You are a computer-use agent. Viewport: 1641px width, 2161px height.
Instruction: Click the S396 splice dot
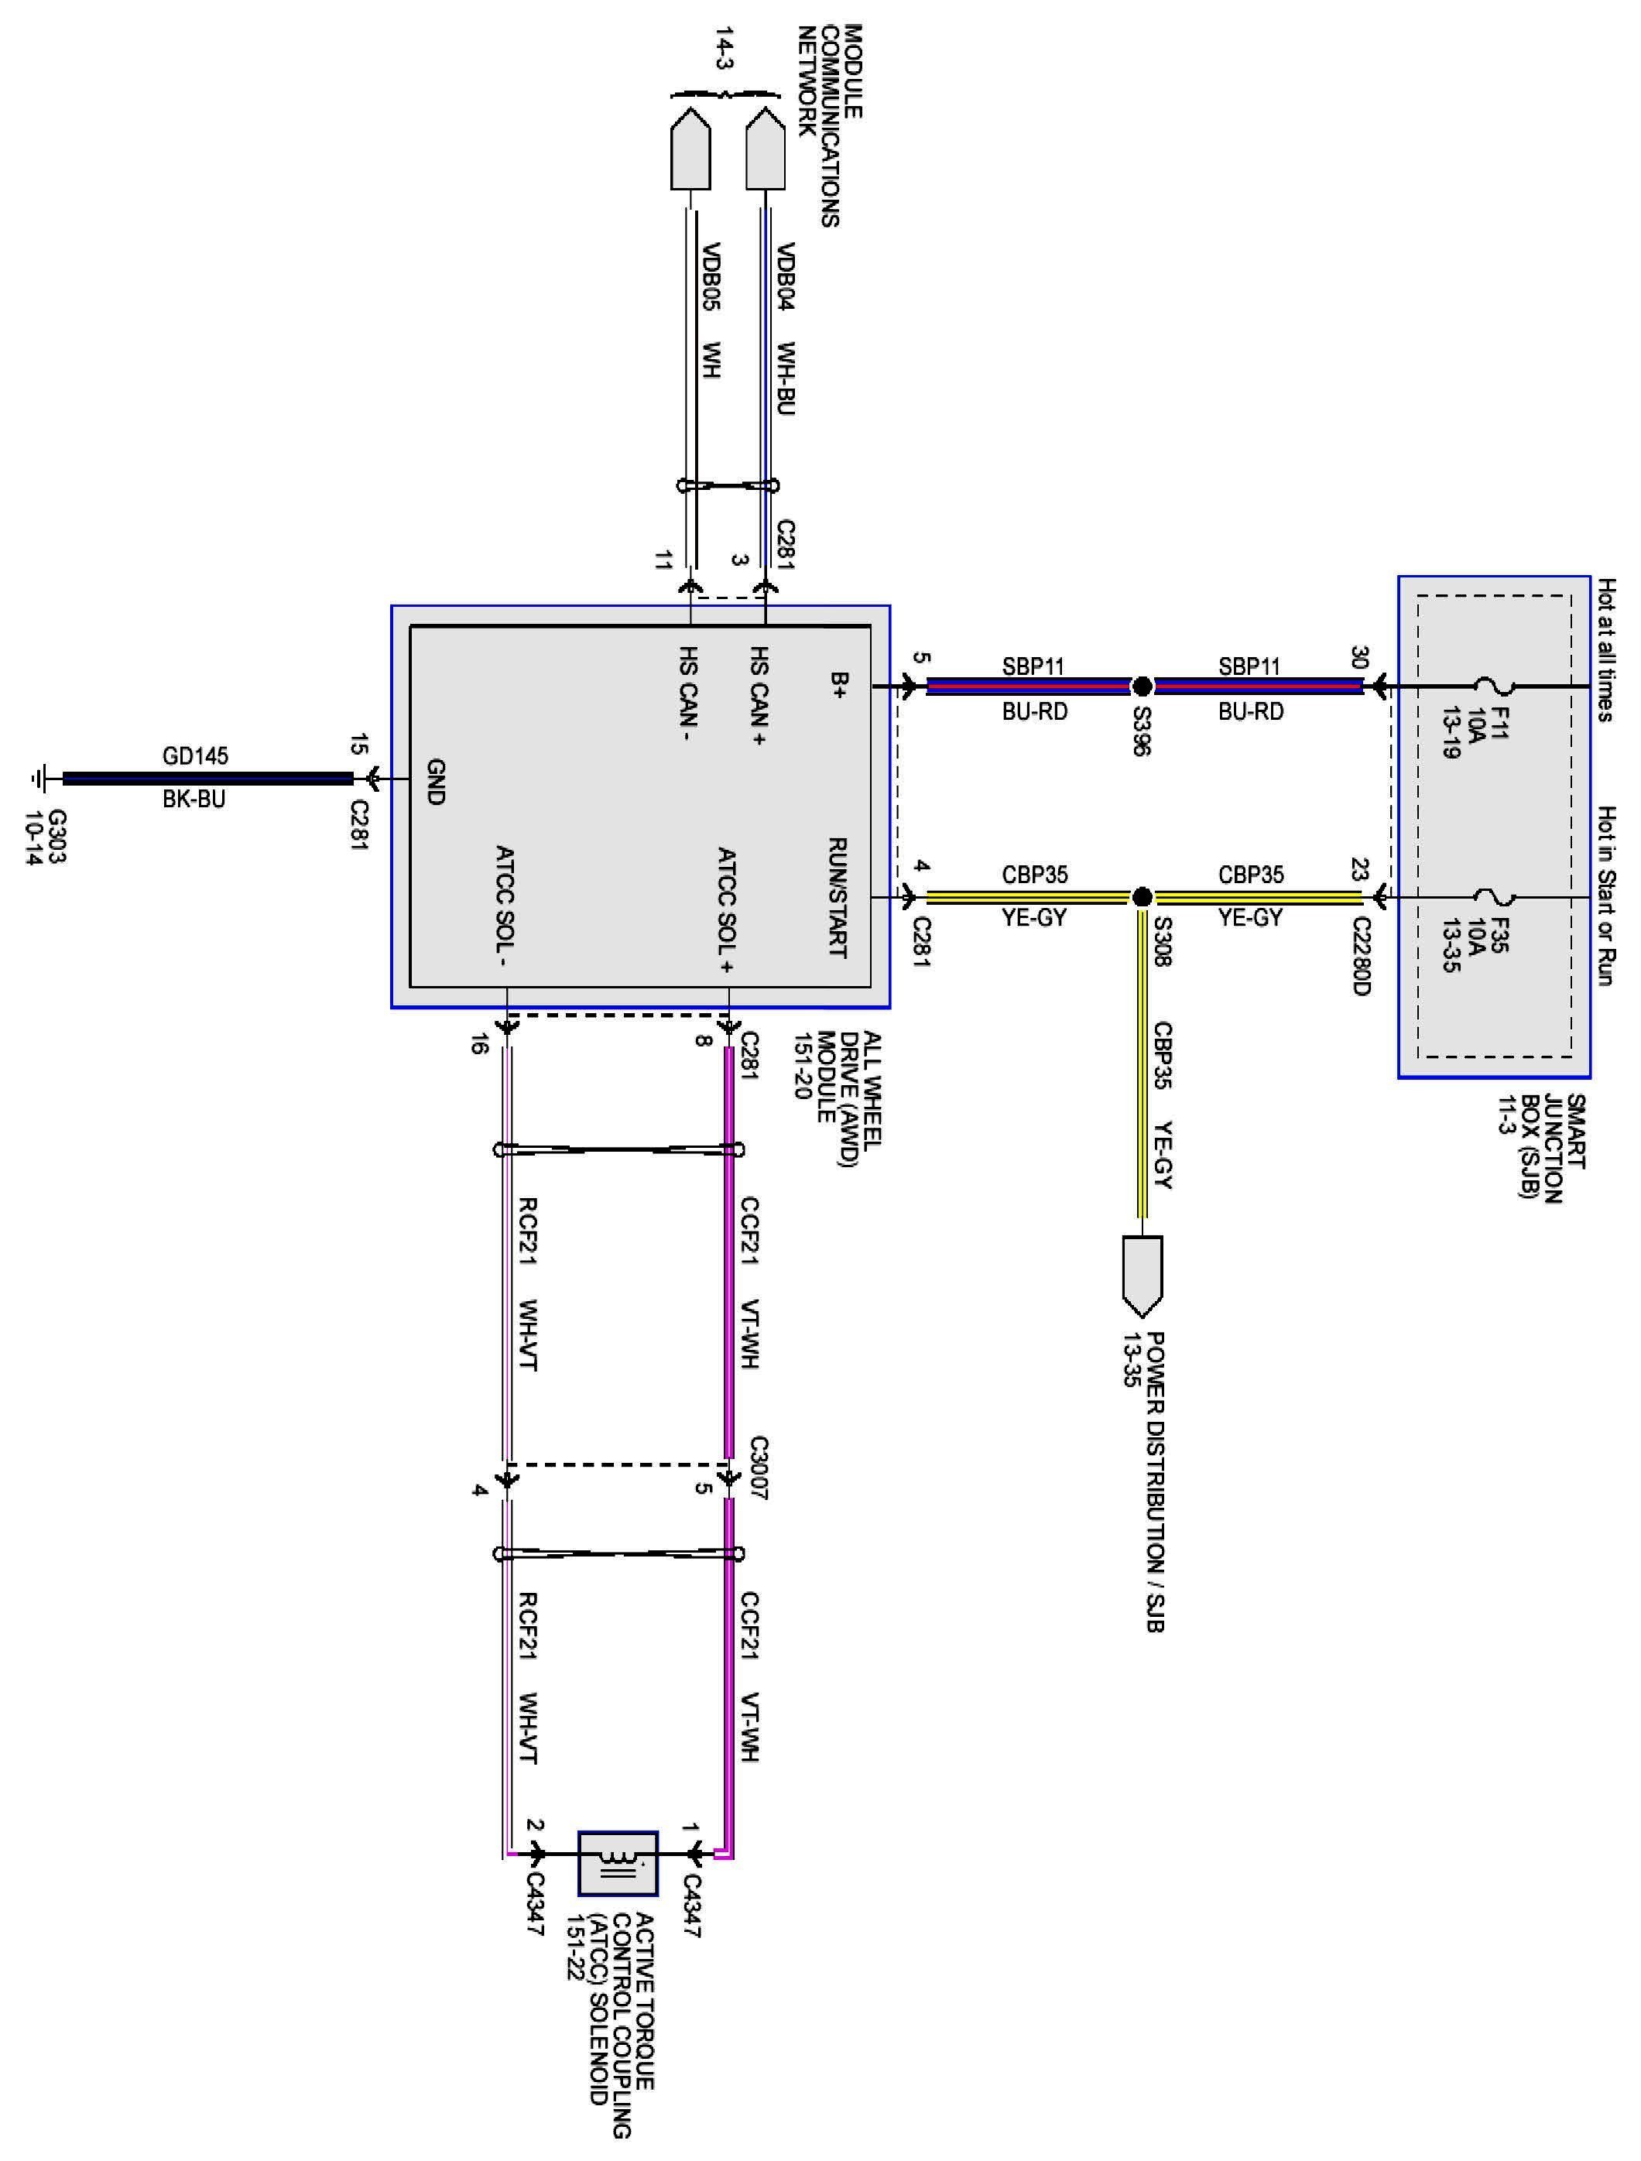1141,687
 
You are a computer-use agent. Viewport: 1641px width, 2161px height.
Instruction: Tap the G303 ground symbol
39,779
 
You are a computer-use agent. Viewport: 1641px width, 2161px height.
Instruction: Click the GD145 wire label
195,755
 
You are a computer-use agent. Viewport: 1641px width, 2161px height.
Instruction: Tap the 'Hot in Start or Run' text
1607,896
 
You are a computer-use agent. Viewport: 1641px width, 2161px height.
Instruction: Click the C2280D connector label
1362,955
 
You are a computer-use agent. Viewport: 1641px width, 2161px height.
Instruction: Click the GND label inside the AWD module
436,782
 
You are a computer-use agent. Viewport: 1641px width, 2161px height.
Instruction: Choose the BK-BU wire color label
194,799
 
